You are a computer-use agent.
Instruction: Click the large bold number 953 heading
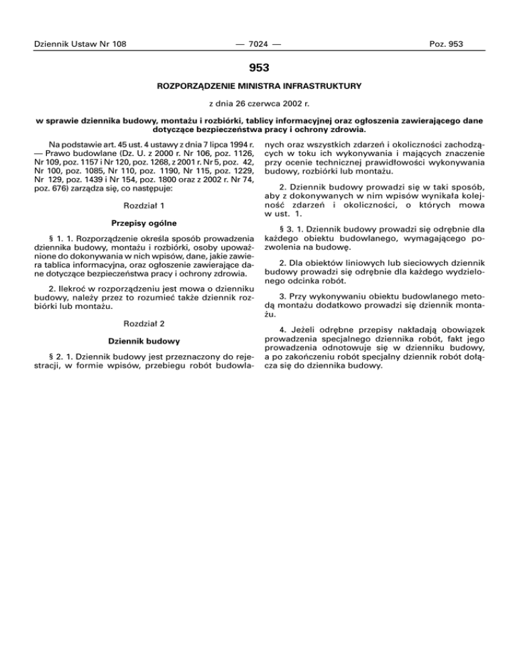click(x=258, y=67)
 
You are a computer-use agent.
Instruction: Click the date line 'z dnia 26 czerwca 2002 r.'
click(x=258, y=104)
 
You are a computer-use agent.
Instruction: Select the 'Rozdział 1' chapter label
click(x=145, y=204)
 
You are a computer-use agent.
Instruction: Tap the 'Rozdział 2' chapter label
click(x=145, y=324)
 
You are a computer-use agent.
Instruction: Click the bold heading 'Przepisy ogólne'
click(x=145, y=222)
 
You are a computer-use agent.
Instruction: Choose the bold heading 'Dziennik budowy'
click(x=145, y=340)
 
